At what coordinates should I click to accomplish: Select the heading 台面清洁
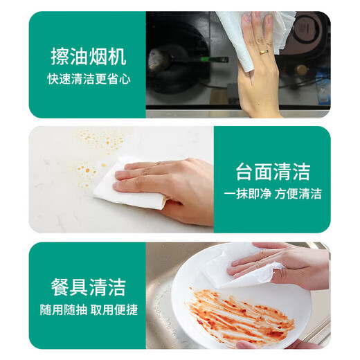pos(272,171)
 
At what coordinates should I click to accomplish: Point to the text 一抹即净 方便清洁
pos(272,193)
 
